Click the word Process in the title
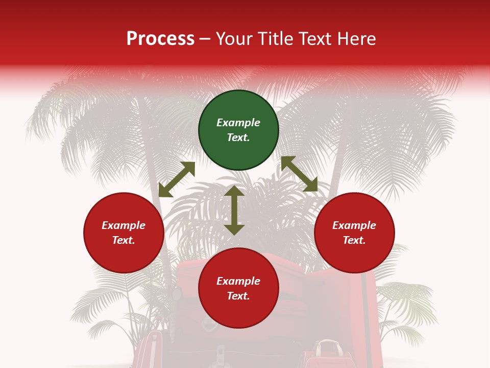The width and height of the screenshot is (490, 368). tap(160, 39)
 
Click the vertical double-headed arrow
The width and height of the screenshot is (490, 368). tap(234, 211)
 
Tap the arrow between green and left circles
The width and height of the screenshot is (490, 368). tap(177, 179)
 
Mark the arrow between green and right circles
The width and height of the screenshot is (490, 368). tap(299, 174)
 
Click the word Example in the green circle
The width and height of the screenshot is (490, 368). tap(238, 123)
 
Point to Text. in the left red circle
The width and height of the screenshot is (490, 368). tap(124, 240)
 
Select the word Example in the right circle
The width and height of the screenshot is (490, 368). tap(354, 225)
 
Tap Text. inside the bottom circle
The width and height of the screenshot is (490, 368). tap(238, 296)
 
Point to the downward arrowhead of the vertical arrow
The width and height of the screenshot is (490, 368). tap(234, 230)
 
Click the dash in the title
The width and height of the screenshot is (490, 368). tap(205, 39)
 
